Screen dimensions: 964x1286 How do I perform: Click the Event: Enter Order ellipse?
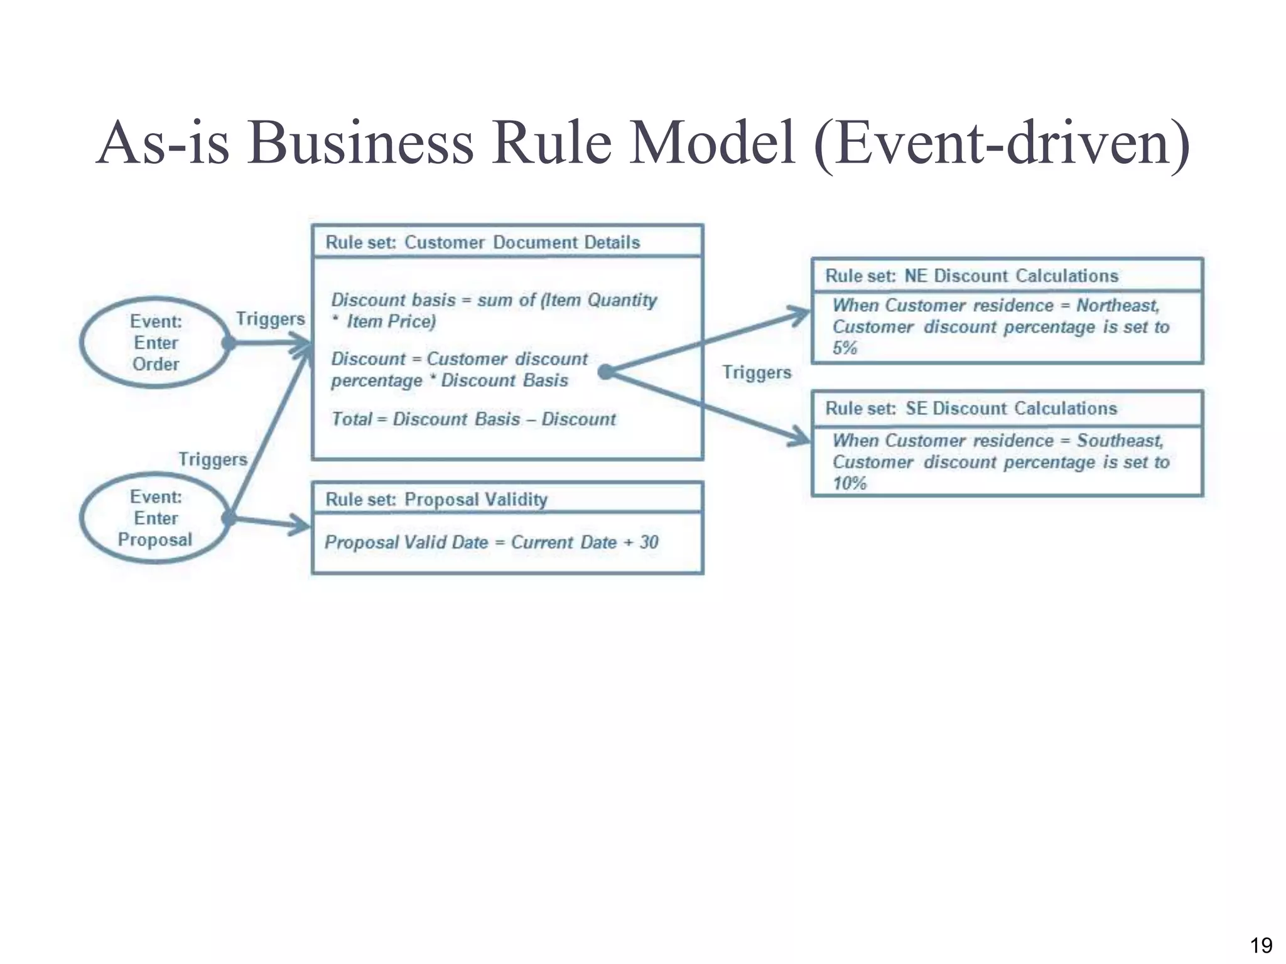pyautogui.click(x=155, y=343)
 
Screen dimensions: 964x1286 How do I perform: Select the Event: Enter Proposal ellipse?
pyautogui.click(x=155, y=518)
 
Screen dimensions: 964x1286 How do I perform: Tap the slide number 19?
pyautogui.click(x=1261, y=945)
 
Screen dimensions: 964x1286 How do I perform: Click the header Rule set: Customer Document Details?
pyautogui.click(x=482, y=242)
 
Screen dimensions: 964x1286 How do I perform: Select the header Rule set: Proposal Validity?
pyautogui.click(x=436, y=500)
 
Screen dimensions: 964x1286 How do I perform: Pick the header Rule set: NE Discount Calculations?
pyautogui.click(x=971, y=276)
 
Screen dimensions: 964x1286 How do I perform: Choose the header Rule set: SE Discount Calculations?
pyautogui.click(x=971, y=409)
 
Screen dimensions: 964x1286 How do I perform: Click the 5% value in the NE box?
pyautogui.click(x=845, y=348)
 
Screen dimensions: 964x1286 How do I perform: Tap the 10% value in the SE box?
pyautogui.click(x=849, y=483)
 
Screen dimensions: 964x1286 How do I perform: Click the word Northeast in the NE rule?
pyautogui.click(x=1117, y=306)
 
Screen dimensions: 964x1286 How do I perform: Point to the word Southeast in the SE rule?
pyautogui.click(x=1120, y=441)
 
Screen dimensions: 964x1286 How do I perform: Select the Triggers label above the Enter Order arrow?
pyautogui.click(x=270, y=319)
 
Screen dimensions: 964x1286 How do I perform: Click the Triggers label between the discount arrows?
pyautogui.click(x=756, y=372)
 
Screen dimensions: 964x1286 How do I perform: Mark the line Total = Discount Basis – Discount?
pyautogui.click(x=473, y=419)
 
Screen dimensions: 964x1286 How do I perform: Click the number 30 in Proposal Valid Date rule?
pyautogui.click(x=649, y=542)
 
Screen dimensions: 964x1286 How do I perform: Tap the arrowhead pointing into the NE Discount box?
pyautogui.click(x=802, y=314)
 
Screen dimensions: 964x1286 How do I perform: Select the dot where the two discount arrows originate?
pyautogui.click(x=605, y=372)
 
